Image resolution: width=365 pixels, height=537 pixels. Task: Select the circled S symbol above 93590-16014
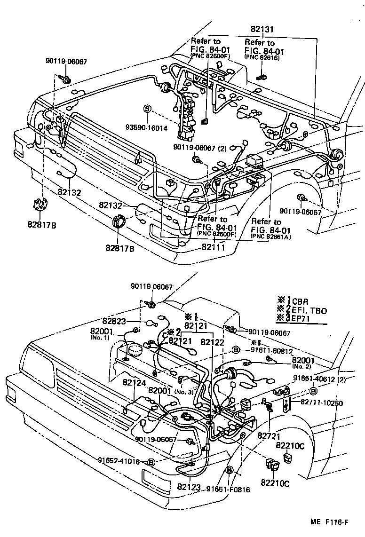coord(147,109)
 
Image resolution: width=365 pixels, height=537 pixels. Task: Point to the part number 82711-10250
coord(321,403)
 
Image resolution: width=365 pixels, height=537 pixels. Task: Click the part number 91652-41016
coord(119,461)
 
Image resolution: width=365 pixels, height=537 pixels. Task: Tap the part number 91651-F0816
coord(228,489)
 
